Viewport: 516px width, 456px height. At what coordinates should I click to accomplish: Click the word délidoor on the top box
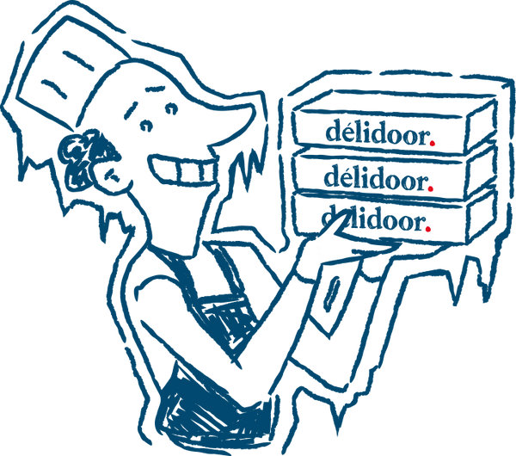[x=378, y=132]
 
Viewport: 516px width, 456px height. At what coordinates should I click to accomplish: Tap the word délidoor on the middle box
[x=376, y=178]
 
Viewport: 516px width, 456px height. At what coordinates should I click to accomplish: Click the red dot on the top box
[x=433, y=143]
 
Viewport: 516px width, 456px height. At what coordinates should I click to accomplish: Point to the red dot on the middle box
[x=431, y=188]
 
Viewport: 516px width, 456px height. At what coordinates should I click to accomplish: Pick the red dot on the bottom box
[x=427, y=229]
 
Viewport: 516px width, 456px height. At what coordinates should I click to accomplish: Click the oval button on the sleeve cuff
[x=331, y=293]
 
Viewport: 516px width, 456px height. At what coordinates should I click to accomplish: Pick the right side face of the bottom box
[x=481, y=218]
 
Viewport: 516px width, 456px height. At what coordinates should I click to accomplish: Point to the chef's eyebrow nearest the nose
[x=155, y=89]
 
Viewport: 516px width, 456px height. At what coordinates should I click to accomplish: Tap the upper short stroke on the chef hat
[x=78, y=61]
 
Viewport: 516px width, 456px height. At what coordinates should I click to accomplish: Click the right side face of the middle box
[x=481, y=173]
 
